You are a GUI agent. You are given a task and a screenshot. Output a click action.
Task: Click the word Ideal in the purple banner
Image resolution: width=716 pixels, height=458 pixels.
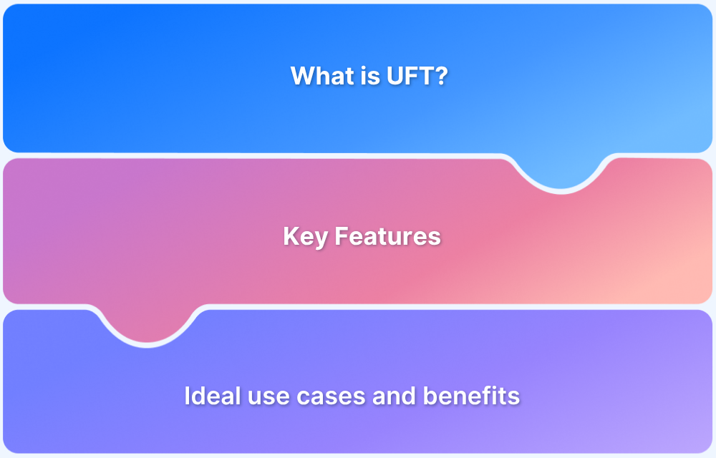(206, 396)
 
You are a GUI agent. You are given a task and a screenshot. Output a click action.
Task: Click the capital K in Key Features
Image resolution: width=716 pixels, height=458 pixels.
(290, 236)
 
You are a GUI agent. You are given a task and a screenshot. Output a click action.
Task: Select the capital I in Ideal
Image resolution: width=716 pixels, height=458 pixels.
(187, 396)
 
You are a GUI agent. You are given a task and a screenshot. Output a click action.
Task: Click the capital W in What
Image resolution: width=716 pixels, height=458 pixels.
(301, 76)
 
